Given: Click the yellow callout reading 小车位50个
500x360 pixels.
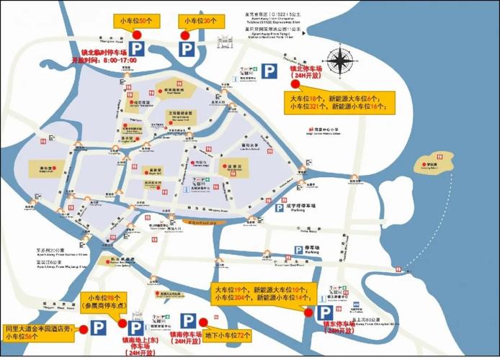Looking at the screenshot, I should [x=130, y=22].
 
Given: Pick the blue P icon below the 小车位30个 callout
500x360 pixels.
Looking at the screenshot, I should [x=187, y=48].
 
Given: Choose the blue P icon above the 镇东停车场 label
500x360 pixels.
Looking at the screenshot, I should [x=325, y=312].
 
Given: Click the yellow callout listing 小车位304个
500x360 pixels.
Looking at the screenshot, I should [x=261, y=293].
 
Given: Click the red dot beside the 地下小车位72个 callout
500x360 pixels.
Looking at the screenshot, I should [x=204, y=321].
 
